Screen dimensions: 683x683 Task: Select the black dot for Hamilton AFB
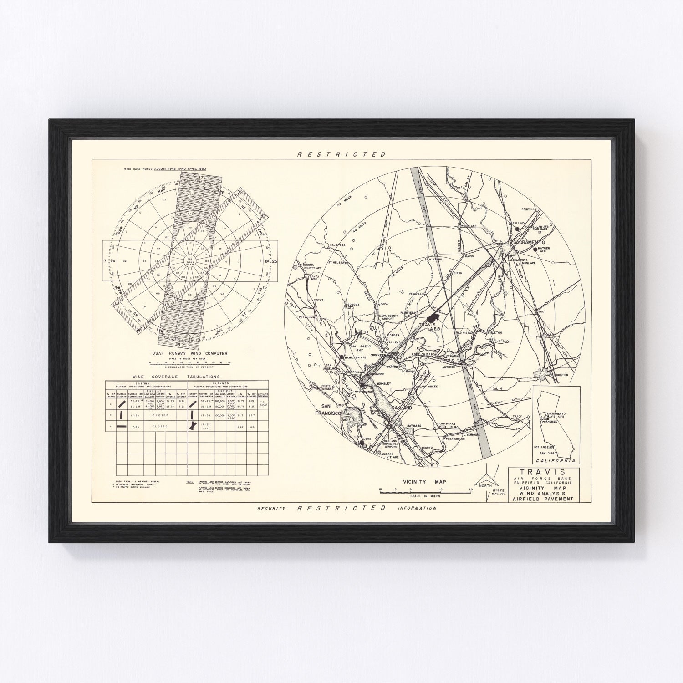pyautogui.click(x=341, y=358)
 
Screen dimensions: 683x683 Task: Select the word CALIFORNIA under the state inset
pyautogui.click(x=558, y=460)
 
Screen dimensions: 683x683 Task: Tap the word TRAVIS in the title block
pyautogui.click(x=544, y=472)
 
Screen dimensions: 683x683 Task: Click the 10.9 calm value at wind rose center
pyautogui.click(x=188, y=259)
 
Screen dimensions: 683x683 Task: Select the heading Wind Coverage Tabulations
pyautogui.click(x=176, y=377)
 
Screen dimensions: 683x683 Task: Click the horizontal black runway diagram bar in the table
pyautogui.click(x=122, y=427)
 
